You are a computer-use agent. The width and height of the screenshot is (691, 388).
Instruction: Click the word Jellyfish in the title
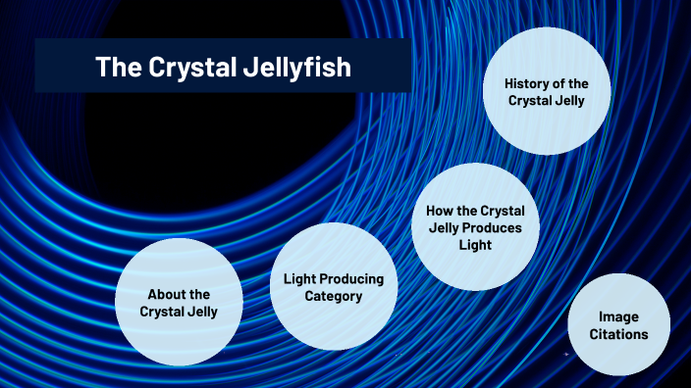click(296, 68)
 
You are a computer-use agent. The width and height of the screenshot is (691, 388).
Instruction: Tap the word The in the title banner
click(113, 68)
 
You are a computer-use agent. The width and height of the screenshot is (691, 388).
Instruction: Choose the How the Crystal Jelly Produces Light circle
click(474, 227)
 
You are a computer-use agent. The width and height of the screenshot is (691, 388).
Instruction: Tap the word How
click(440, 212)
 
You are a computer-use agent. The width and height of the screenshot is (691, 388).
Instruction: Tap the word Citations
click(618, 334)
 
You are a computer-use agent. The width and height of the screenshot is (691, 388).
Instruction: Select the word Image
click(618, 317)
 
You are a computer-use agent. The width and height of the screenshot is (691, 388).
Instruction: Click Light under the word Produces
click(474, 245)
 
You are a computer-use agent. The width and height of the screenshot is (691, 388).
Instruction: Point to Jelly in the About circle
click(201, 312)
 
